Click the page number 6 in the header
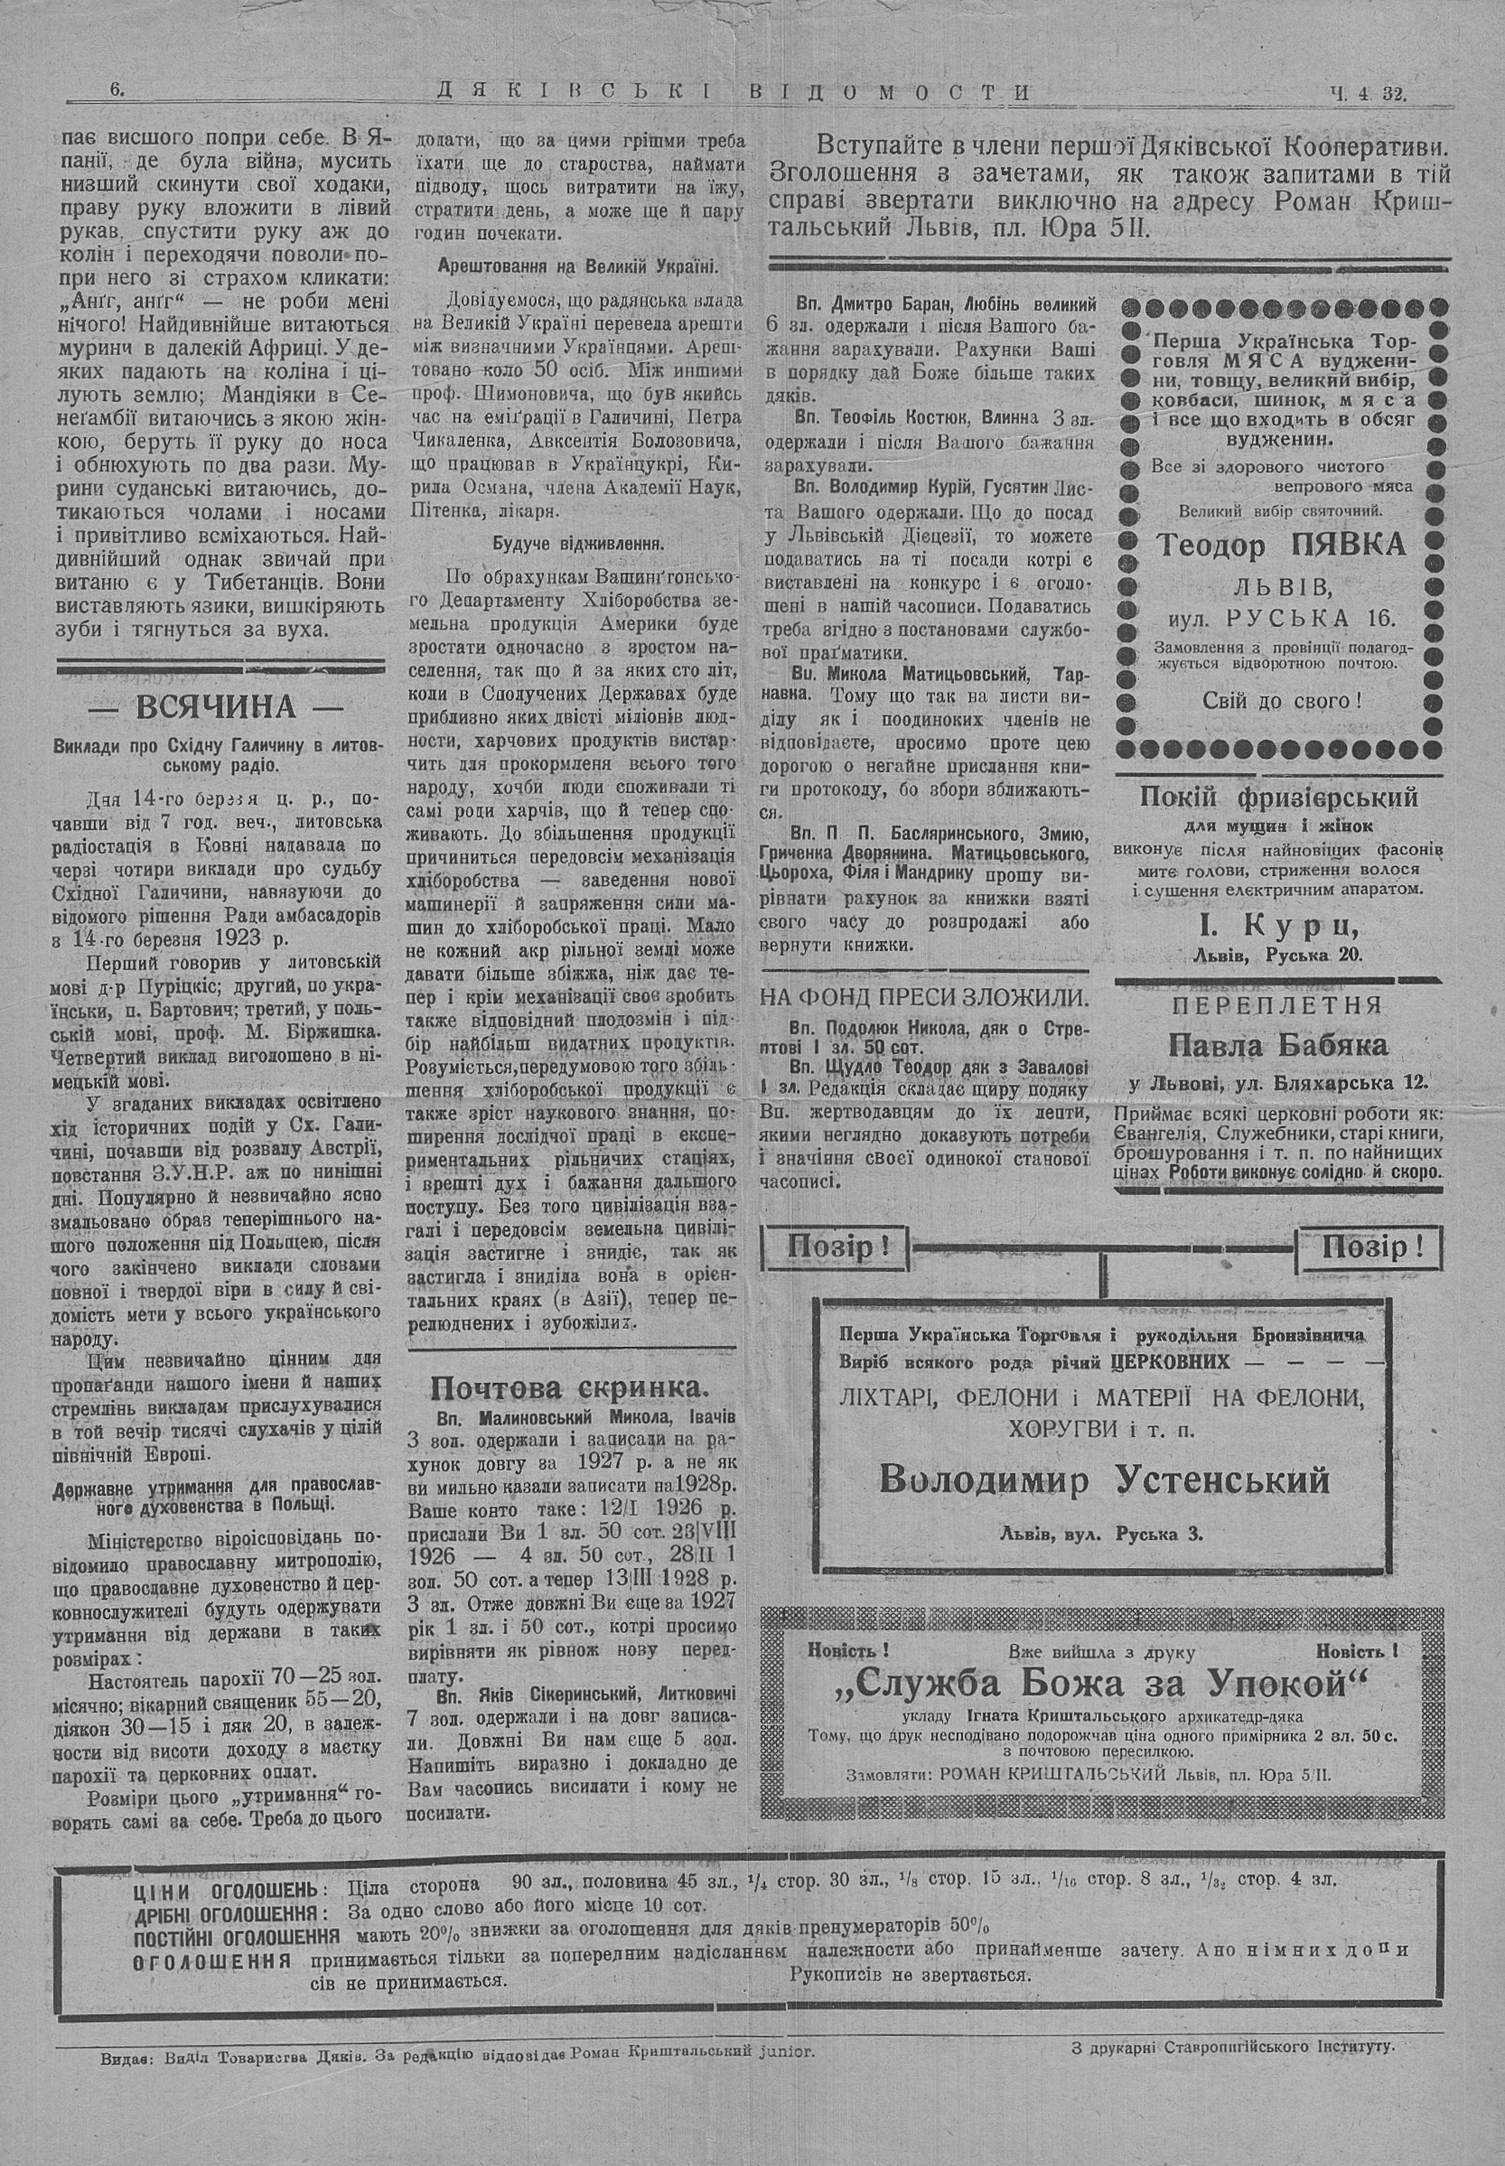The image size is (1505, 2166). (x=117, y=92)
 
